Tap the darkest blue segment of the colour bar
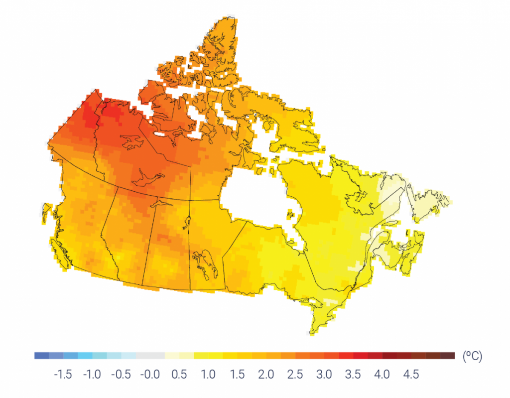(x=42, y=356)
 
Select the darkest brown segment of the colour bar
(x=448, y=356)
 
